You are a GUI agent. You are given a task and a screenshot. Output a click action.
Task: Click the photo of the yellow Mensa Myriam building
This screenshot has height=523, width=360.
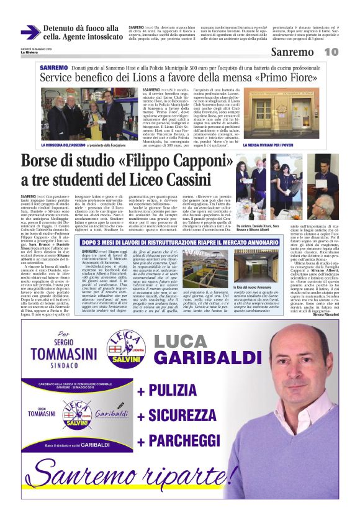pyautogui.click(x=290, y=112)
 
